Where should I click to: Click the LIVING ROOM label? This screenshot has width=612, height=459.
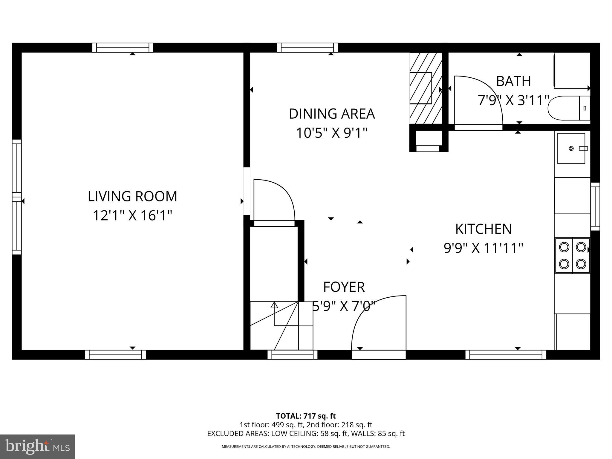point(132,196)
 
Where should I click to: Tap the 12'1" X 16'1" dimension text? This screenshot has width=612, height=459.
point(132,215)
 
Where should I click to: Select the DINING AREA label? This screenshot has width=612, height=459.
point(332,114)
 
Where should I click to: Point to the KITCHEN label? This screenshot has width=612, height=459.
point(483,229)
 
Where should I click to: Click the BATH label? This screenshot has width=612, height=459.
point(513,81)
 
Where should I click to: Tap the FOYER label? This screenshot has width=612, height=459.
point(344,287)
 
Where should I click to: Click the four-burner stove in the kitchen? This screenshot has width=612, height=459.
point(572,255)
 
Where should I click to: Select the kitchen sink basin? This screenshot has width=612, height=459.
point(571,149)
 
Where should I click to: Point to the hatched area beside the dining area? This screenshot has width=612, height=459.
point(426,88)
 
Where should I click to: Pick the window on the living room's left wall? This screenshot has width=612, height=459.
point(17,197)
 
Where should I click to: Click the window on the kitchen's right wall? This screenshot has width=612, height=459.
point(595,206)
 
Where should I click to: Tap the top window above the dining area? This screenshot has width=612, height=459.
point(307,48)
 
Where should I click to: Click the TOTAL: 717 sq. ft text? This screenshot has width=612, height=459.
point(306,416)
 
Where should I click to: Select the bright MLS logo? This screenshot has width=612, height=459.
point(37,447)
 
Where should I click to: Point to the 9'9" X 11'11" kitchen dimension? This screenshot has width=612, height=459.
point(483,248)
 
